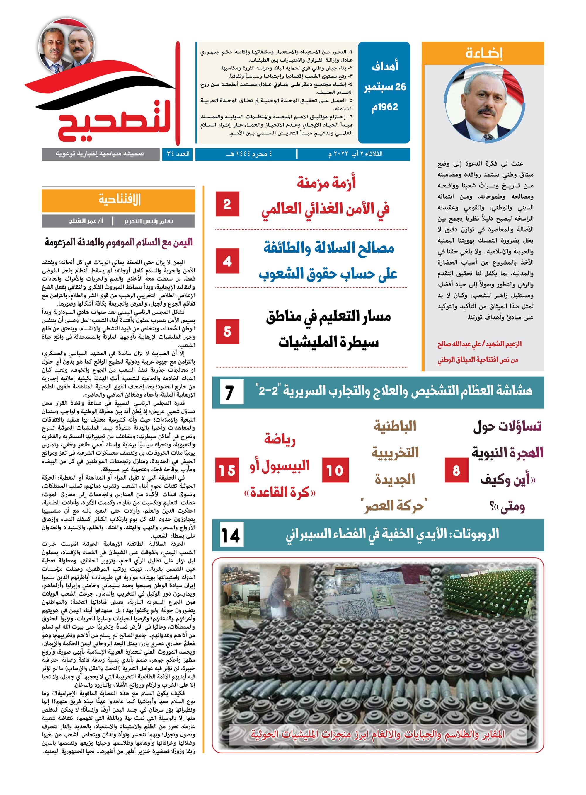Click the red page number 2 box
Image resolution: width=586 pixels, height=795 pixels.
coord(227,204)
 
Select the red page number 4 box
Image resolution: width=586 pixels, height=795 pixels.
coord(227,261)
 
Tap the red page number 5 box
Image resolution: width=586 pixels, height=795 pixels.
coord(227,332)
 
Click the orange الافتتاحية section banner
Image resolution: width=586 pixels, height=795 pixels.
coord(118,200)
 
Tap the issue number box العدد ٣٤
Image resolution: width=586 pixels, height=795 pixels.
coord(178,154)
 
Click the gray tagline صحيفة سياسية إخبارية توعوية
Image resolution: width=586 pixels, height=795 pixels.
coord(100,154)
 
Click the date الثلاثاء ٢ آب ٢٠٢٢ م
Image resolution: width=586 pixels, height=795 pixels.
coord(355,154)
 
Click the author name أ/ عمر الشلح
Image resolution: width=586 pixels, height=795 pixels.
coord(86,221)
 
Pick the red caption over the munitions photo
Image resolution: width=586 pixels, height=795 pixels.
coord(377,734)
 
